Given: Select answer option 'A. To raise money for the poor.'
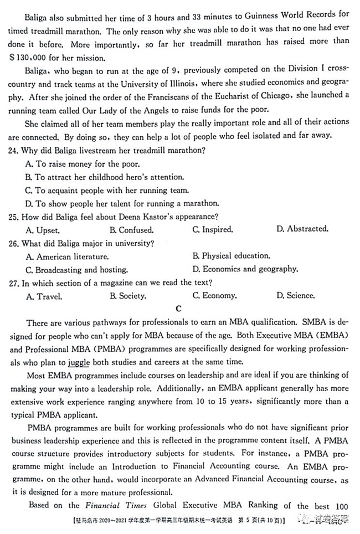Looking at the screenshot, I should coord(83,164).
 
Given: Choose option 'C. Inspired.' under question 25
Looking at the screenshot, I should coord(213,229).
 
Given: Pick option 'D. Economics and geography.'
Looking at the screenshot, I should coord(245,269).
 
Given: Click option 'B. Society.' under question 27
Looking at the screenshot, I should coord(128,296).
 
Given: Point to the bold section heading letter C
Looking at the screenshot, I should coord(179,309).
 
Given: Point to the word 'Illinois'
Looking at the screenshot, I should coord(175,83).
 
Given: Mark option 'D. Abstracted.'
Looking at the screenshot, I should coord(302,229).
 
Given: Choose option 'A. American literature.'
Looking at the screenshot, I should coord(68,256).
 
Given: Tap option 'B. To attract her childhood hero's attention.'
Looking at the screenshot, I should coord(104,177).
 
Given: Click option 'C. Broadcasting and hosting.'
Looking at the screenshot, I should coord(77,269).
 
